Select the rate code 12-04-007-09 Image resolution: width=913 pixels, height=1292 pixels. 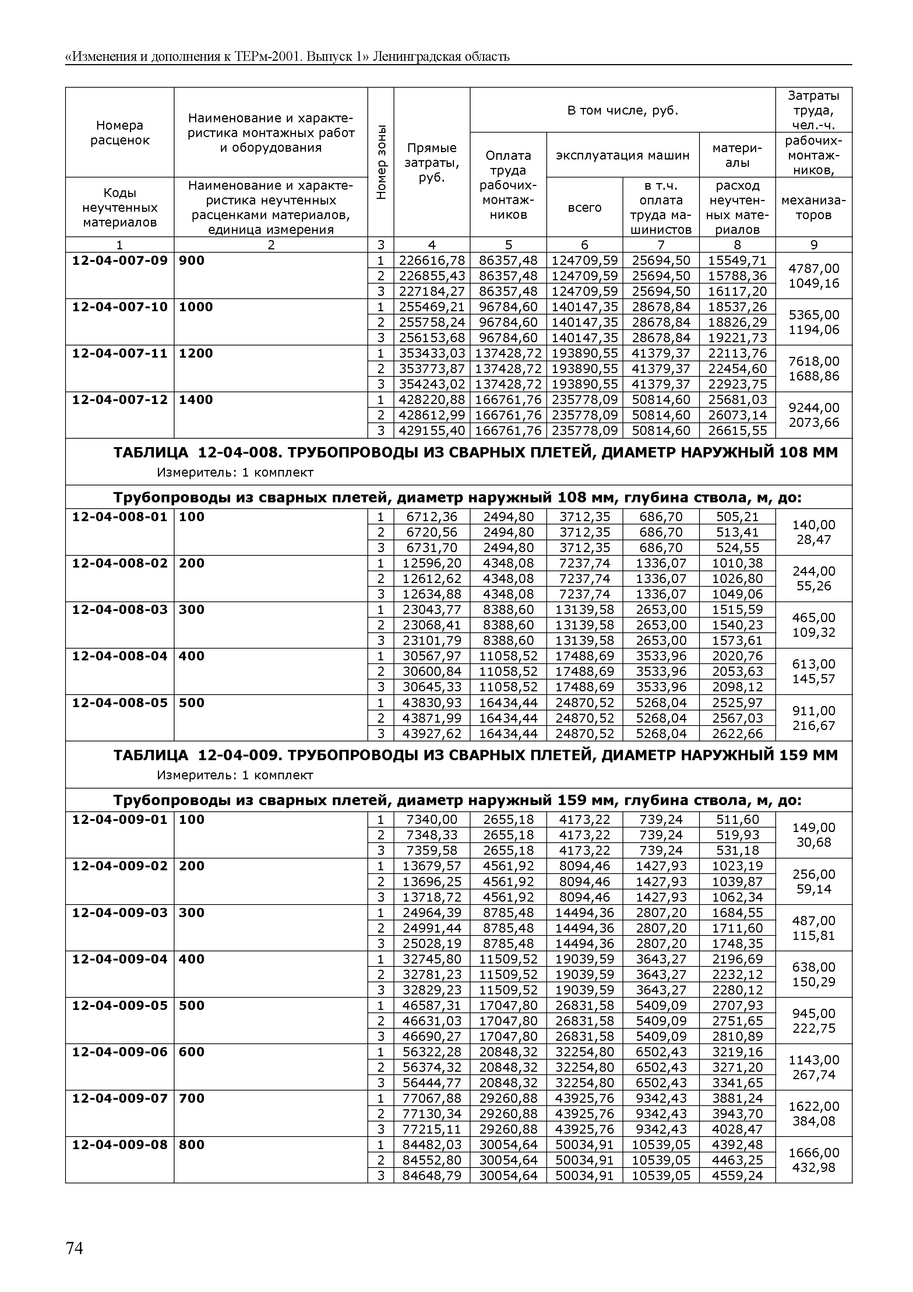[x=120, y=260]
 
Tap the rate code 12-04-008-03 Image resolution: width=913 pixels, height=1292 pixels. [x=120, y=610]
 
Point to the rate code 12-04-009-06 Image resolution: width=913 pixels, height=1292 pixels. [x=120, y=1052]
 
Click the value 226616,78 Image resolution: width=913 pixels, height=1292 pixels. [x=431, y=260]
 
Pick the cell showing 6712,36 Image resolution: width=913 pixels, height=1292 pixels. [x=431, y=517]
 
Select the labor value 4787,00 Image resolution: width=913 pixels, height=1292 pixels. [x=814, y=268]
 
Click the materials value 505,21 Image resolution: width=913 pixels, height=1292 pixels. [x=737, y=517]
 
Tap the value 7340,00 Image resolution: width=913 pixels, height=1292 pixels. [x=431, y=820]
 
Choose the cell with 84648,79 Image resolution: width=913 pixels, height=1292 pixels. [x=431, y=1176]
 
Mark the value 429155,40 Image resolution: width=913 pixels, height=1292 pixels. [x=431, y=431]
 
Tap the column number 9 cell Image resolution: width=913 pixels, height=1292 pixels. [x=814, y=245]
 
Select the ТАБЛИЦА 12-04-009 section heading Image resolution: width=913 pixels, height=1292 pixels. [x=475, y=755]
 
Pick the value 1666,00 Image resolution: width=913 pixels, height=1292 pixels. [x=814, y=1152]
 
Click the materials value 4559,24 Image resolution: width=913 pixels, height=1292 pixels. [x=737, y=1176]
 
